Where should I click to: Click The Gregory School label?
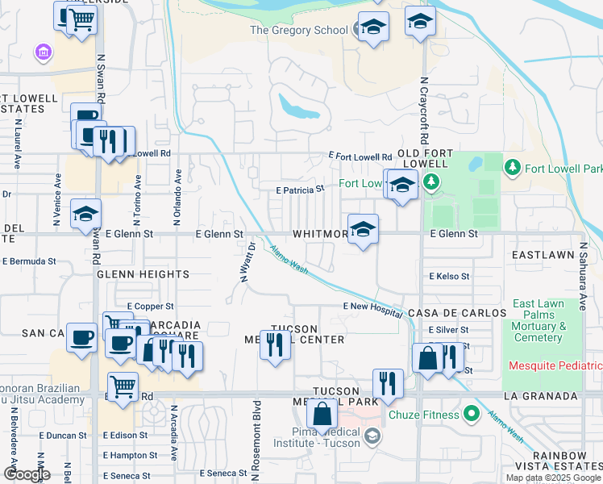298,30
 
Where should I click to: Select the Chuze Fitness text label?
423,415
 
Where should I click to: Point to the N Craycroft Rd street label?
423,109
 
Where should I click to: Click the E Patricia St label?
299,189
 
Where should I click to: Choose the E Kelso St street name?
449,276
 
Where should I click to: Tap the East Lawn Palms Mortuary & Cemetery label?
539,320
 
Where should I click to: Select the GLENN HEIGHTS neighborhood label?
143,274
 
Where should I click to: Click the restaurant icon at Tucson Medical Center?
275,345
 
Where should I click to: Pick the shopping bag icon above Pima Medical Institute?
322,415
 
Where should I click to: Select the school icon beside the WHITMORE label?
364,230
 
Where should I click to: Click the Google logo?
27,474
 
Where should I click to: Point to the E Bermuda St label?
29,261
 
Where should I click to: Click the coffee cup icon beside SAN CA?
81,338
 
